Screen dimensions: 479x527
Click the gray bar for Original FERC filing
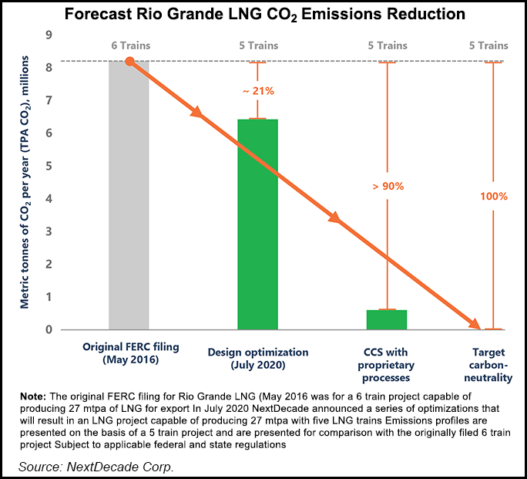[129, 231]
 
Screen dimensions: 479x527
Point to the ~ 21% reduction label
[257, 91]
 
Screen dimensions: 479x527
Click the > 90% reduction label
[387, 186]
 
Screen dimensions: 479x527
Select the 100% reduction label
[492, 196]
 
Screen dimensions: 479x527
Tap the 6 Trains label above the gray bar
[129, 46]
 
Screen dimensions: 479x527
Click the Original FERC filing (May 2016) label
[130, 353]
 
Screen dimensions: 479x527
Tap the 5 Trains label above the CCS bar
[387, 46]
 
